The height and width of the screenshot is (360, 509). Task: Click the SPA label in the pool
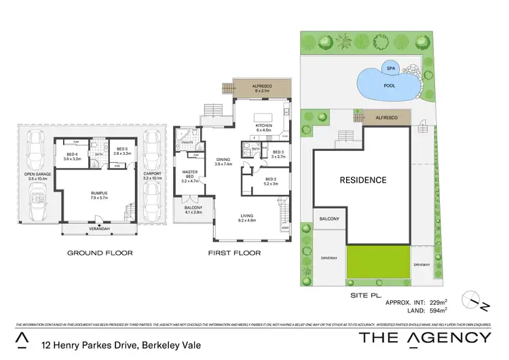point(390,69)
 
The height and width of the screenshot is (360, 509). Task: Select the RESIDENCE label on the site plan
point(363,180)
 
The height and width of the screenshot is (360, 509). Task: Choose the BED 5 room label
point(122,151)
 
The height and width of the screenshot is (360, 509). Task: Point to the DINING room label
point(223,161)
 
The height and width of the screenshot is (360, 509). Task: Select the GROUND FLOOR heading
point(100,253)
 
